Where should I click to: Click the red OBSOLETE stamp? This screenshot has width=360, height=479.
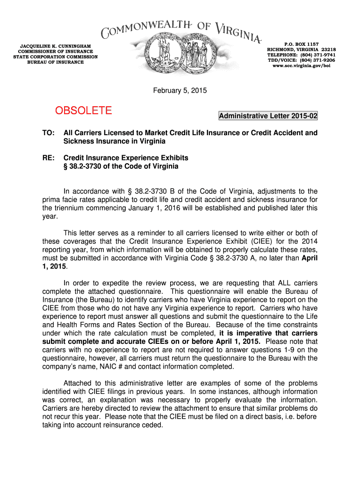pos(84,110)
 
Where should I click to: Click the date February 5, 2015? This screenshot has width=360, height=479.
pos(180,90)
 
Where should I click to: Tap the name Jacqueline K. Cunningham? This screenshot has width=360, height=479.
pos(55,46)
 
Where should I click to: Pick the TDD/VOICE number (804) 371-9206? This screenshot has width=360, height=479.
pos(316,60)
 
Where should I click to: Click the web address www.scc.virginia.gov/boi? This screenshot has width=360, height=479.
pos(301,66)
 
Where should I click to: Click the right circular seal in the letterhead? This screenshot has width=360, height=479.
pos(199,55)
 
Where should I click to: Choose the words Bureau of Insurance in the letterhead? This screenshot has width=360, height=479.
pos(55,62)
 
